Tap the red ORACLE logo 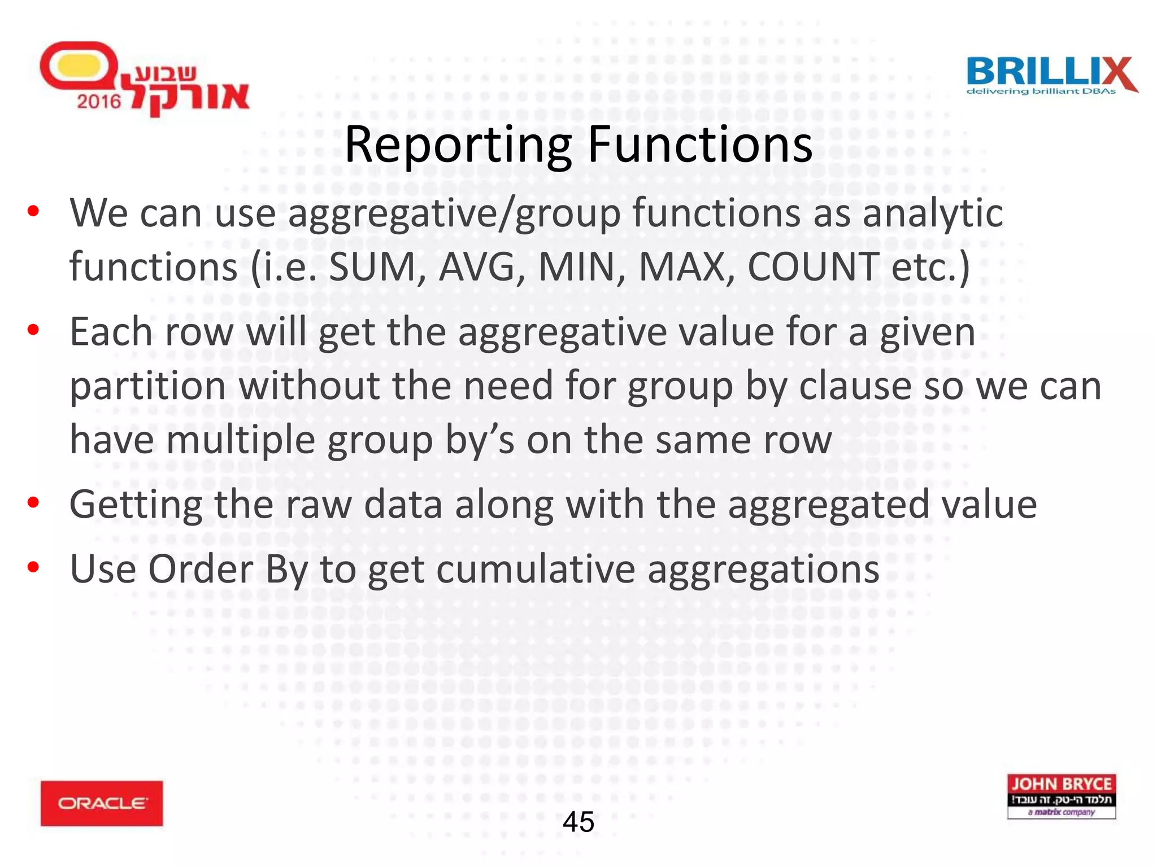[102, 803]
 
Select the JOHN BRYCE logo [1061, 796]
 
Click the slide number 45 [578, 822]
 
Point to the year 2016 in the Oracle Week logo [99, 102]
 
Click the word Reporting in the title [458, 145]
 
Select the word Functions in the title [699, 145]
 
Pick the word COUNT [812, 266]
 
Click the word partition [148, 387]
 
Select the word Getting [136, 505]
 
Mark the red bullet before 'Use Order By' [33, 567]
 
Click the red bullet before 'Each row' [33, 330]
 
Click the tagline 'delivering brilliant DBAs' [1041, 91]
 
